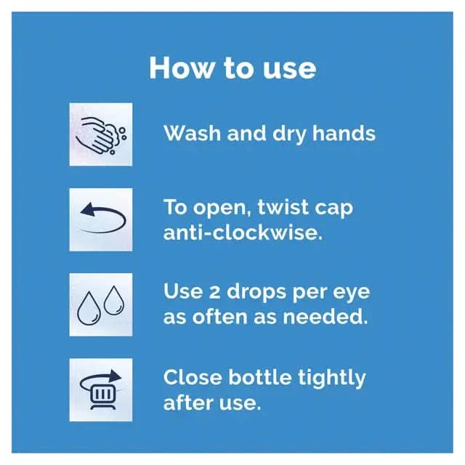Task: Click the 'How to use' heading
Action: pyautogui.click(x=232, y=68)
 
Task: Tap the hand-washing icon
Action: pyautogui.click(x=101, y=134)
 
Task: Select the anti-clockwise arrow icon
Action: pyautogui.click(x=101, y=219)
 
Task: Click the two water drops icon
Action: pyautogui.click(x=101, y=304)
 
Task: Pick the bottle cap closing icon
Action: pyautogui.click(x=101, y=389)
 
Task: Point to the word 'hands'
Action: pyautogui.click(x=344, y=133)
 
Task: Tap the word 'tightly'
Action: pyautogui.click(x=332, y=378)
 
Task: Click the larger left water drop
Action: pyautogui.click(x=89, y=309)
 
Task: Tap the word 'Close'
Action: pyautogui.click(x=193, y=377)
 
